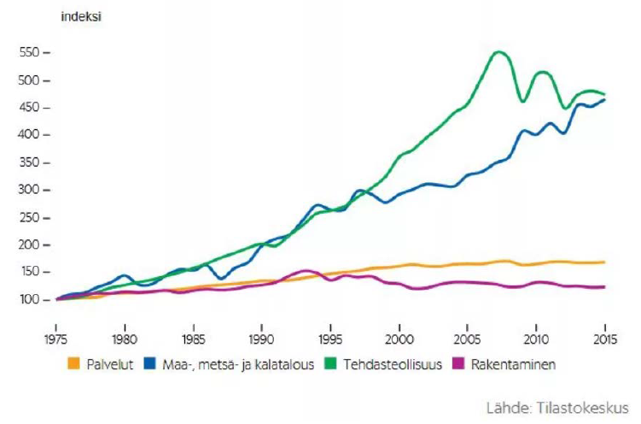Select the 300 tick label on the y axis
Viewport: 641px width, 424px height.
(30, 190)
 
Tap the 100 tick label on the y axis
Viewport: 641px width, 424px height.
(30, 299)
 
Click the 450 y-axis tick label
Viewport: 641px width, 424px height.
(30, 108)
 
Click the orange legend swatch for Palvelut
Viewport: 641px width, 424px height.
(74, 364)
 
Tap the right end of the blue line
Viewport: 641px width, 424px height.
(605, 100)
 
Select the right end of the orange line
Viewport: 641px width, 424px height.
(605, 262)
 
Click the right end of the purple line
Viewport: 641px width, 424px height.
(605, 287)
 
